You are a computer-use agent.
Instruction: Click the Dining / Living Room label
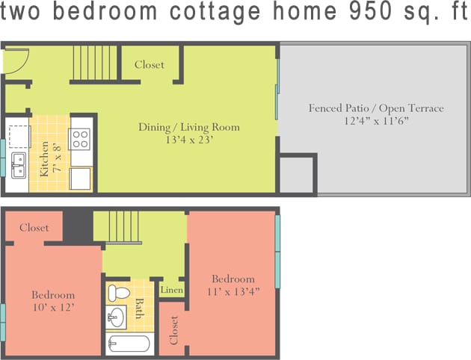(x=188, y=127)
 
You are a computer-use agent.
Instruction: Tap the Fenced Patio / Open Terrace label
(x=376, y=108)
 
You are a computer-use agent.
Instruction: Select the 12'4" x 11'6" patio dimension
(x=376, y=121)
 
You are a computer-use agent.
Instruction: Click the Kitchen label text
(x=44, y=158)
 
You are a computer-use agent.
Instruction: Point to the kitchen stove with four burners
(x=80, y=139)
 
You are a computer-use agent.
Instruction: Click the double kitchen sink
(x=18, y=164)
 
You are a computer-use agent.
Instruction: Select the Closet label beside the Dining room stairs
(x=150, y=65)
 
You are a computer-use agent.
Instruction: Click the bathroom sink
(x=116, y=317)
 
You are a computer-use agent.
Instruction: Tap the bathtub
(x=129, y=344)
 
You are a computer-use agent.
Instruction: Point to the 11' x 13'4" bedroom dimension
(x=233, y=292)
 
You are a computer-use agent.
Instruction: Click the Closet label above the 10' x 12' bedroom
(x=34, y=228)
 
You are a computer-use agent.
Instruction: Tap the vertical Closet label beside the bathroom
(x=174, y=329)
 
